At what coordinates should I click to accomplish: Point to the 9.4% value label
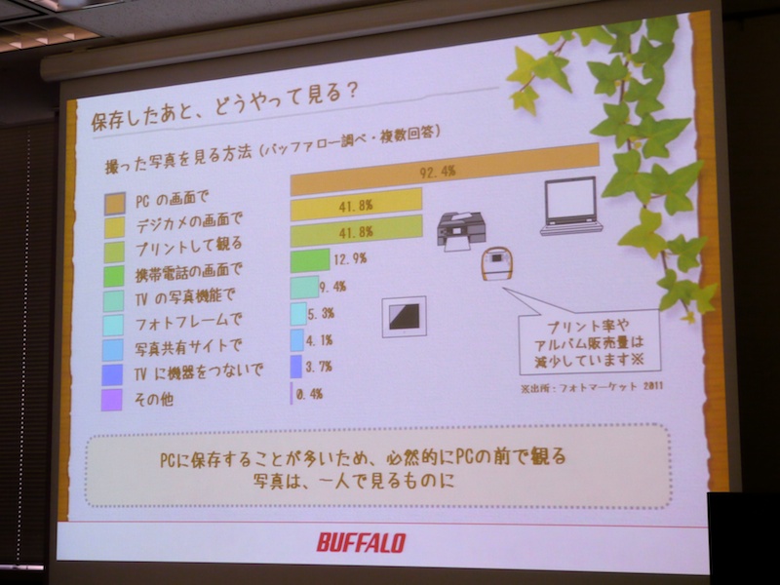pos(332,287)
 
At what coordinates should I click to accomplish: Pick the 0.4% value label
pos(310,394)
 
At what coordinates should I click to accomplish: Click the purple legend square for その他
pos(113,398)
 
